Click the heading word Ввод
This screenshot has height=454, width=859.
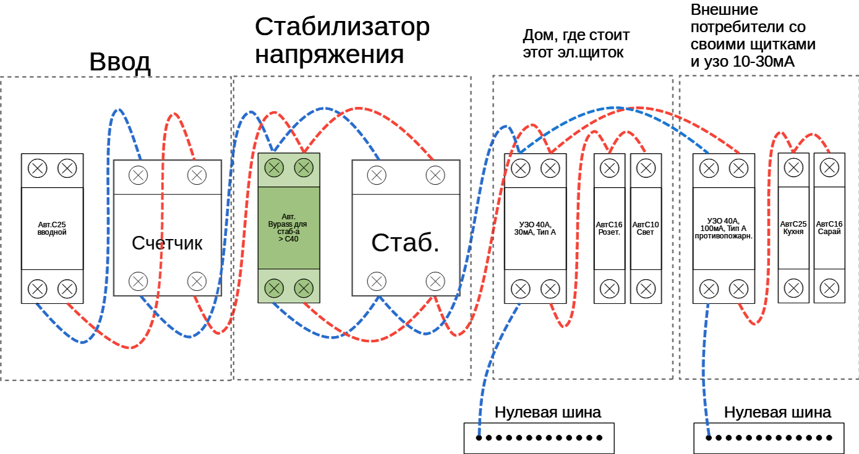(x=120, y=62)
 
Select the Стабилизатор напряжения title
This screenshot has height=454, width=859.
(x=342, y=41)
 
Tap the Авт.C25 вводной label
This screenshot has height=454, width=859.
(x=52, y=229)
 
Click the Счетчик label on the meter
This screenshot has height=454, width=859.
(x=167, y=243)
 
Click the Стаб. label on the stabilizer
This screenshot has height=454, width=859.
(x=405, y=243)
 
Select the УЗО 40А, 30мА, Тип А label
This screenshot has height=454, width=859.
(x=535, y=228)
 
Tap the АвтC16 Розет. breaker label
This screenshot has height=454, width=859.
(x=609, y=228)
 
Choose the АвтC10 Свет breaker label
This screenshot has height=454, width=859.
(x=645, y=228)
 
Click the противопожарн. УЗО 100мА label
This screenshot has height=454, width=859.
(x=723, y=228)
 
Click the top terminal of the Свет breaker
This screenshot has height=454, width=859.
(x=646, y=167)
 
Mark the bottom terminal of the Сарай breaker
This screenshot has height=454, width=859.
(x=829, y=287)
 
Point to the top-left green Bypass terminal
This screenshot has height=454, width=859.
(x=274, y=167)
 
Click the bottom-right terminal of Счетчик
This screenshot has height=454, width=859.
(x=197, y=282)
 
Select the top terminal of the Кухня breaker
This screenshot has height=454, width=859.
(x=793, y=167)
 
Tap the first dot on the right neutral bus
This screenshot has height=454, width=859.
(x=709, y=438)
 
